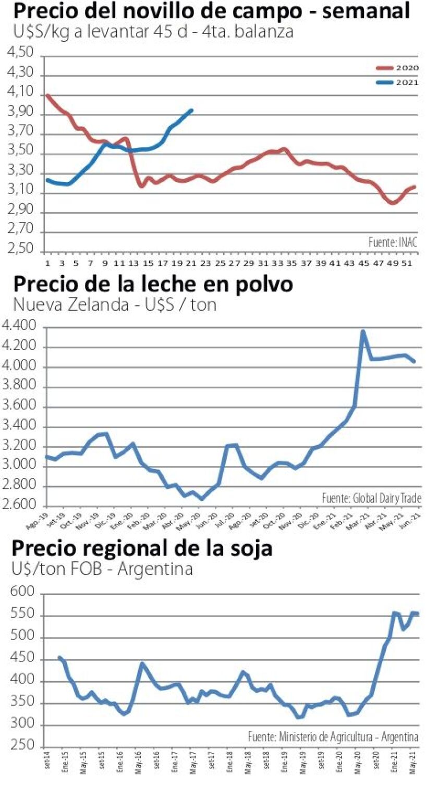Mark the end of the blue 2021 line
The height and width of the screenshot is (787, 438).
click(191, 110)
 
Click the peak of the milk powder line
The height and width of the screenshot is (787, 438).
click(363, 331)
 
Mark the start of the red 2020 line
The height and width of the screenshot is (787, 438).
click(47, 95)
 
